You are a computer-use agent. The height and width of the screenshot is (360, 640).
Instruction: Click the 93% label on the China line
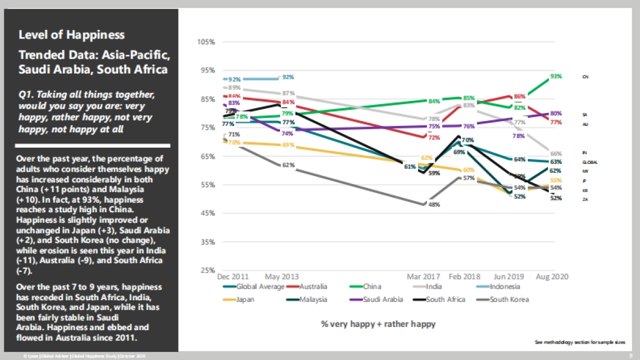[556, 76]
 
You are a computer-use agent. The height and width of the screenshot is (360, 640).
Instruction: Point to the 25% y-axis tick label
[207, 270]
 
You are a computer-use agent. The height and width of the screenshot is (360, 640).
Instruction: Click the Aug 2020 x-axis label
[552, 277]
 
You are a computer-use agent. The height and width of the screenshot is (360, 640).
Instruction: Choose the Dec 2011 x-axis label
[233, 277]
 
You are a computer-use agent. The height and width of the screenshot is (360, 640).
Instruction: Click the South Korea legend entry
[509, 299]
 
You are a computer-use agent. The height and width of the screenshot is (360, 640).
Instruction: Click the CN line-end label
[585, 77]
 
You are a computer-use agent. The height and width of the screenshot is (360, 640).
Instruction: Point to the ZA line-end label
[585, 199]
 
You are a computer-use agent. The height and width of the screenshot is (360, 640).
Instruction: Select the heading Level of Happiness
[71, 35]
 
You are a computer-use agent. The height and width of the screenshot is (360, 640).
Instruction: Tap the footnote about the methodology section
[580, 342]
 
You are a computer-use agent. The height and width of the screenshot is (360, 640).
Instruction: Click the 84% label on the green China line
[434, 101]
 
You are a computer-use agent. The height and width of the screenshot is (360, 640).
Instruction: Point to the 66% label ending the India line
[556, 154]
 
